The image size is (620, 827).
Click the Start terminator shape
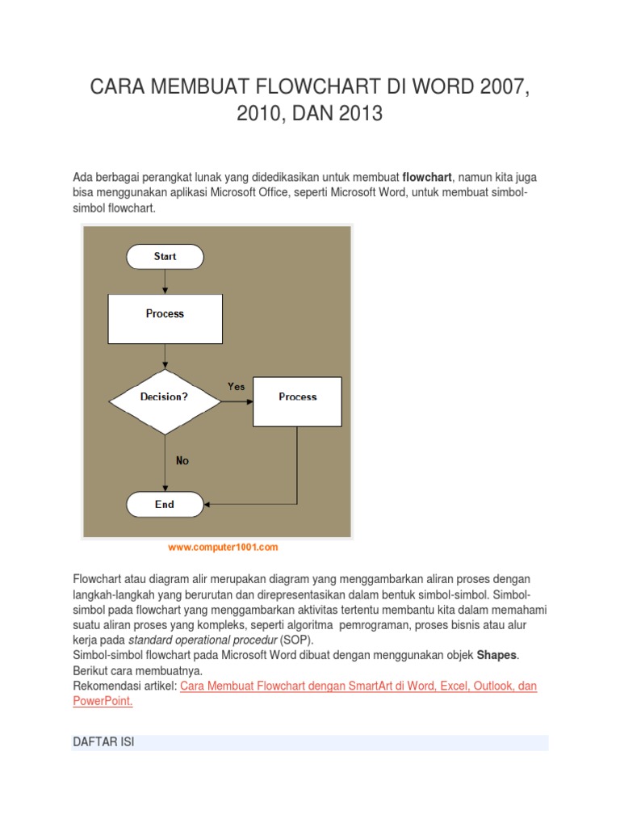165,257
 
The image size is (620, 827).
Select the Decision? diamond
165,397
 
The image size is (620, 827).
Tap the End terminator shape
165,505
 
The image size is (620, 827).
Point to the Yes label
236,387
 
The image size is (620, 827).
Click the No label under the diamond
182,460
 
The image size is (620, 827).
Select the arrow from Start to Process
165,281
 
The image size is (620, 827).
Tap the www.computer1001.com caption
223,548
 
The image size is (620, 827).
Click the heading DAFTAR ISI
102,742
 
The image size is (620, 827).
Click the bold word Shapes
496,655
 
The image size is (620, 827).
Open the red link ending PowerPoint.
103,701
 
